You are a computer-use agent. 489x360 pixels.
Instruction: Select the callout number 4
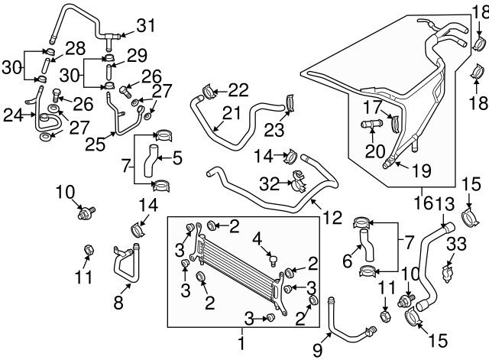pos(257,237)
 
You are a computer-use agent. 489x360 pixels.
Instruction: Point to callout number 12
pos(332,218)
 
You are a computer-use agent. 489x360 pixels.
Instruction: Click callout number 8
pos(118,301)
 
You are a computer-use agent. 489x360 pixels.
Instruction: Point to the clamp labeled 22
pos(202,95)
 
